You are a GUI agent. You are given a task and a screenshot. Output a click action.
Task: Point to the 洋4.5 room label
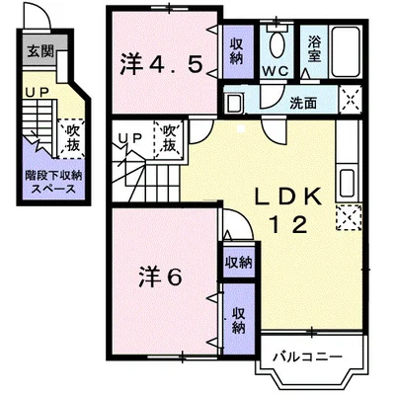(x=163, y=65)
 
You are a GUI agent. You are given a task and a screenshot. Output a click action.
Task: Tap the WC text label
(x=276, y=72)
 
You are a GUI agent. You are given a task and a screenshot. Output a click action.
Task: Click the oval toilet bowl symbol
(x=276, y=46)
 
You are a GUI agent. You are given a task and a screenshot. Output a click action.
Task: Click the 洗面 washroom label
(x=303, y=102)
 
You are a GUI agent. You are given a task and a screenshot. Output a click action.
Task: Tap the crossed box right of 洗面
(x=349, y=99)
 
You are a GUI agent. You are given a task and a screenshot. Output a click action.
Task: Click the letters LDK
(x=291, y=197)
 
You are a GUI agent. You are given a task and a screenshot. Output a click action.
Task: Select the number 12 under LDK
(x=291, y=223)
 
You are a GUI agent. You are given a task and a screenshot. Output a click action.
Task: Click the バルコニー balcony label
(x=307, y=354)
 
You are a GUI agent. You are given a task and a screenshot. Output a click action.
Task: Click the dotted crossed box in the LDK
(x=347, y=215)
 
